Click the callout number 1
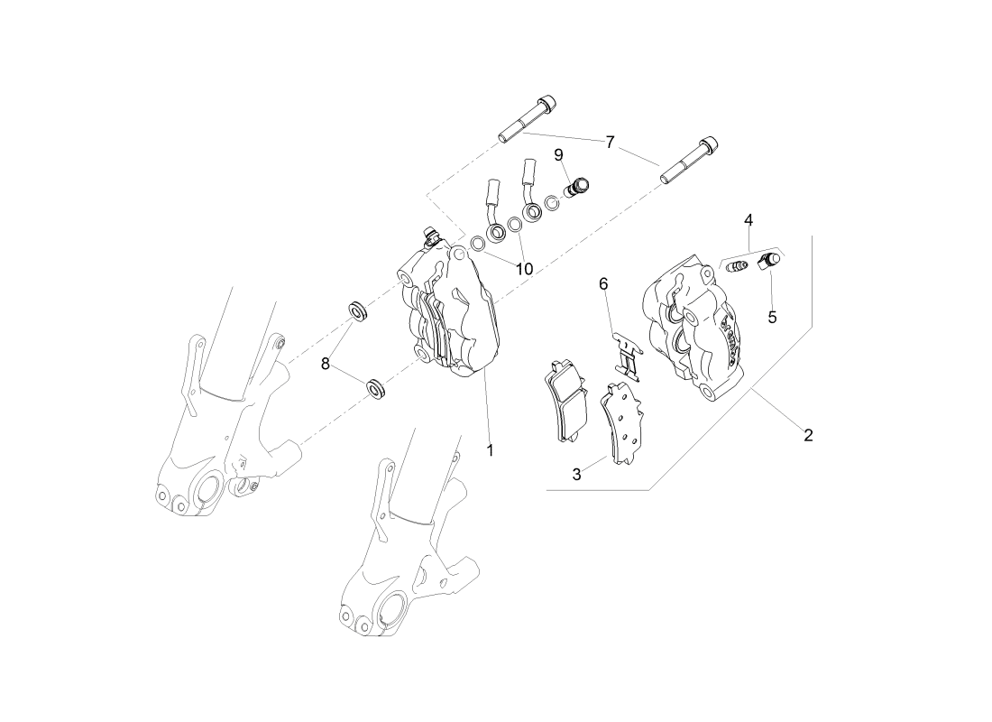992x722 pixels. tap(491, 449)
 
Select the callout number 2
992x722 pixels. tap(808, 435)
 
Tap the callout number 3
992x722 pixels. tap(575, 473)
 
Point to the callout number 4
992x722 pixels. tap(749, 219)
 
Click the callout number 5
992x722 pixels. tap(772, 317)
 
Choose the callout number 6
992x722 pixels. tap(603, 283)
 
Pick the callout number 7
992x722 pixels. tap(611, 142)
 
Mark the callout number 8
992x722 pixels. tap(326, 364)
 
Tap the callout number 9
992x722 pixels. tap(558, 154)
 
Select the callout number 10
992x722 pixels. tap(524, 268)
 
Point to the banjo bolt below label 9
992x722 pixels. tap(575, 188)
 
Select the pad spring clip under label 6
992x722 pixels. tap(625, 356)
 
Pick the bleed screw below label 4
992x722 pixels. tap(739, 267)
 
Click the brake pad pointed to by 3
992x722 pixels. tap(620, 423)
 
